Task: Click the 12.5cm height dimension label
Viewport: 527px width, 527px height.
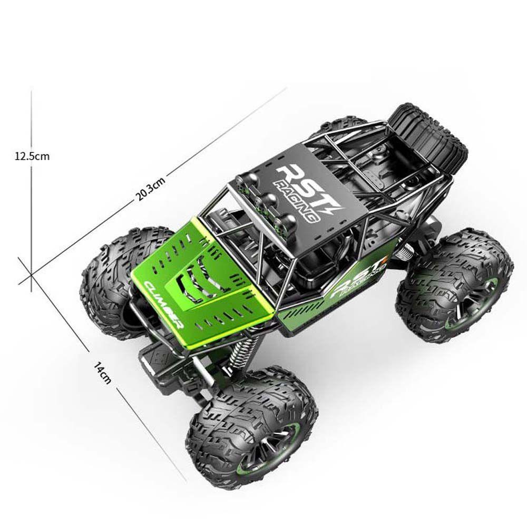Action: (32, 157)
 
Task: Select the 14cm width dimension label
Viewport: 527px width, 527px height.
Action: (102, 373)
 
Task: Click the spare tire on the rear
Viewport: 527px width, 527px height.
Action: (428, 138)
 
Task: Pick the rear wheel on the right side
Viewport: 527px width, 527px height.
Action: (454, 285)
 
